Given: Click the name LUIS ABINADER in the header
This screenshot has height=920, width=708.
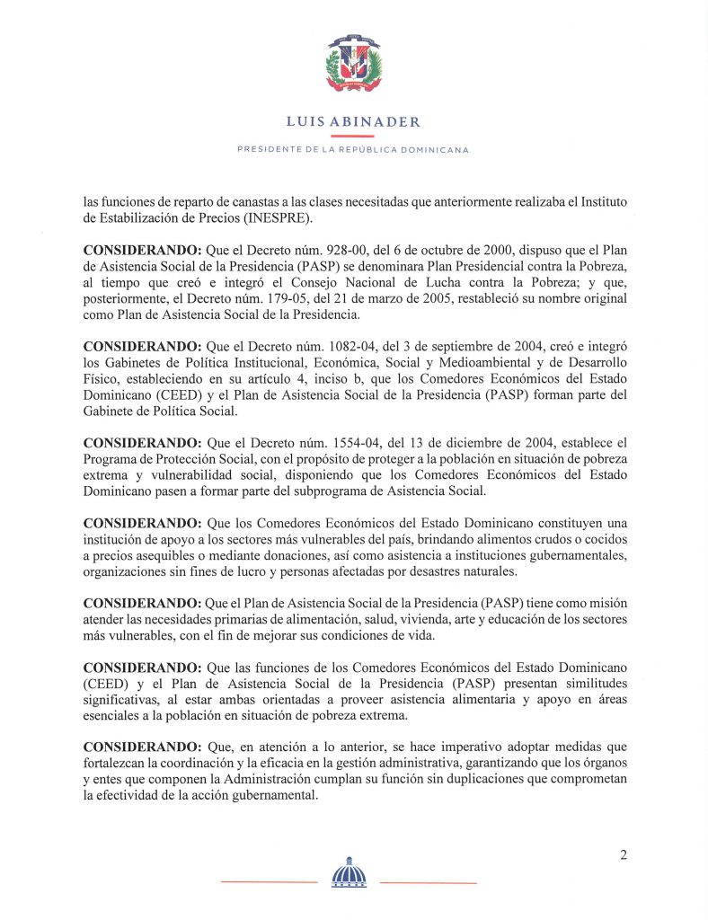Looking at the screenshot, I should click(353, 121).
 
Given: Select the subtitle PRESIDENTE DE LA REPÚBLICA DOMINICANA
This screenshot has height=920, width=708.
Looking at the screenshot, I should click(353, 149).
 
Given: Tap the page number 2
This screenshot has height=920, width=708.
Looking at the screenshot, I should click(623, 854).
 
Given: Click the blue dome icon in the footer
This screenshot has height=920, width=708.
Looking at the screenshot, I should click(350, 872).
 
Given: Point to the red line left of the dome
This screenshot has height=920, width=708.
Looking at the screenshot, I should click(269, 882).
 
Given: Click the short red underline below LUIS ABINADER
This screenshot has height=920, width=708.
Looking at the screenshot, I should click(353, 135).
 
